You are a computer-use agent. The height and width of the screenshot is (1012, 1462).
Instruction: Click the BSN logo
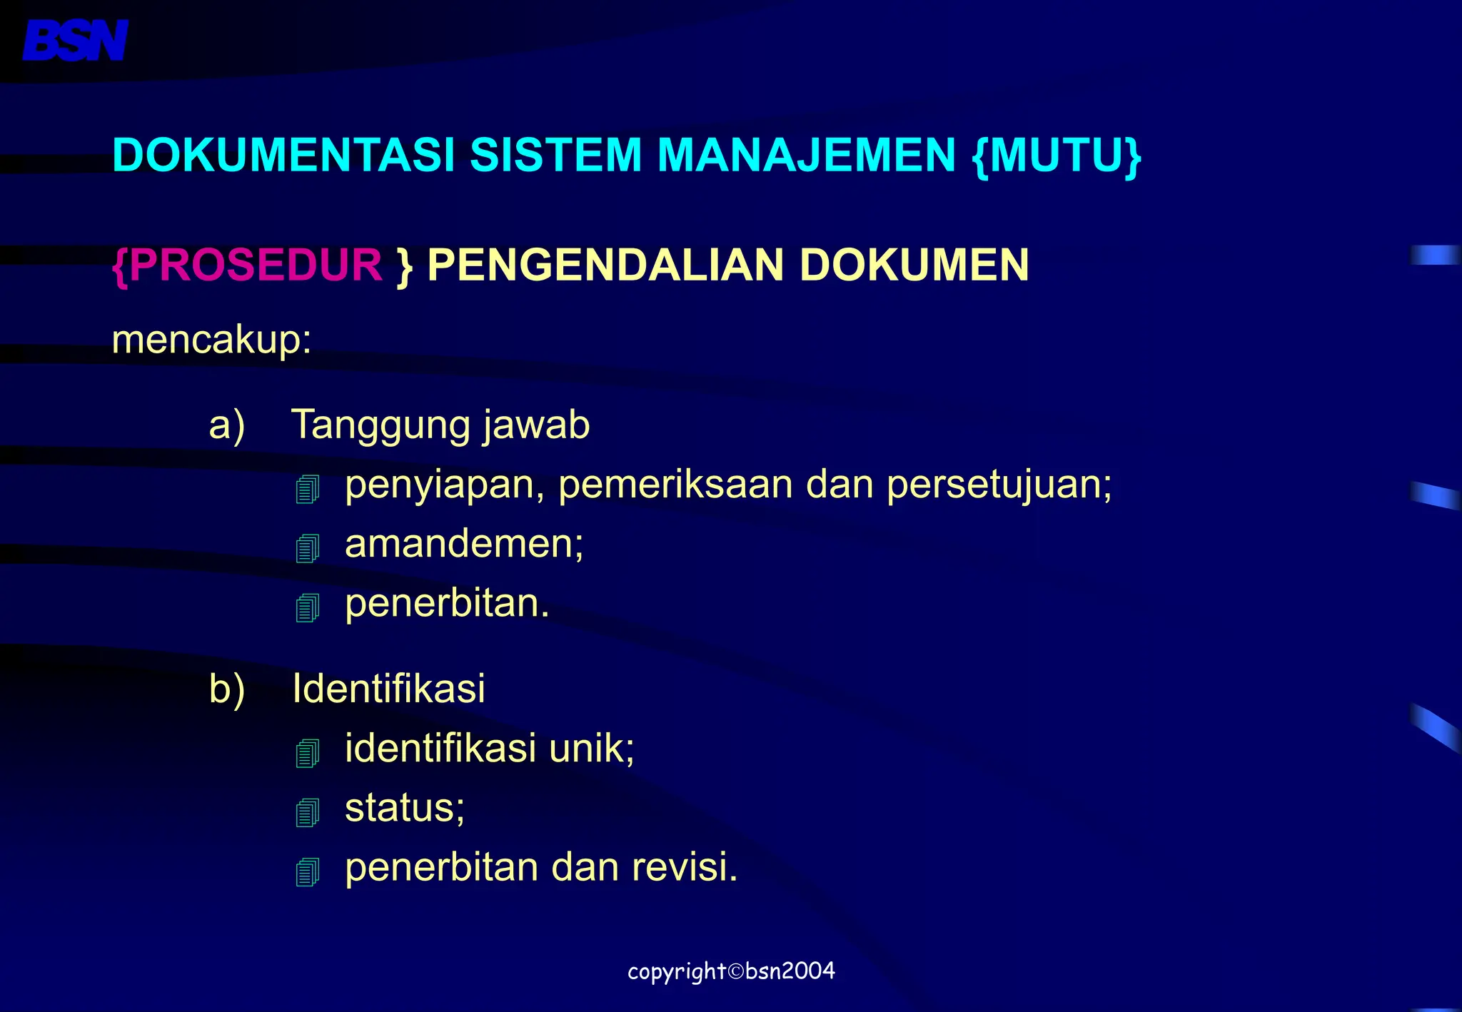pos(75,41)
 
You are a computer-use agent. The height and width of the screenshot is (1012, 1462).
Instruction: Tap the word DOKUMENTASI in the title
pos(283,155)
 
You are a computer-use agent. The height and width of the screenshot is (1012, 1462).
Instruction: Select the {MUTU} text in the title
pos(1057,155)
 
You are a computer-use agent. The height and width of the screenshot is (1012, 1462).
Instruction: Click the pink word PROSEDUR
pos(256,265)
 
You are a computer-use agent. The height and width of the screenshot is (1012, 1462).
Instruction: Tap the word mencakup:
pos(211,340)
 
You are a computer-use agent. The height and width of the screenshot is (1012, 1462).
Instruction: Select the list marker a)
pos(227,425)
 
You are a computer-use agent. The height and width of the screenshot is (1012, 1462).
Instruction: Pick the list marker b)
pos(227,689)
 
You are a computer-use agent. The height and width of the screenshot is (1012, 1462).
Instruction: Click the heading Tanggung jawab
pos(440,425)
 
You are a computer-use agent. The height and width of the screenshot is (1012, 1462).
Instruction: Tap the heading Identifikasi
pos(389,689)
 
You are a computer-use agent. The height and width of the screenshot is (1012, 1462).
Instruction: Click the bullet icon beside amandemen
pos(308,548)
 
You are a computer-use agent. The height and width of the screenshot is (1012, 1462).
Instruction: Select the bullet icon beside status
pos(308,812)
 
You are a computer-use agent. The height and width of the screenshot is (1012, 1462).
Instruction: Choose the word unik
pos(591,749)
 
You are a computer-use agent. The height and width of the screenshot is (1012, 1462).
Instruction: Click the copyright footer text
pos(731,971)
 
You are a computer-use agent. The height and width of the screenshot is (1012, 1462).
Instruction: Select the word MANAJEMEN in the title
pos(806,155)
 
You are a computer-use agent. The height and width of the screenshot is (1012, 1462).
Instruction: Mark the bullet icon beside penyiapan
pos(308,489)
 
